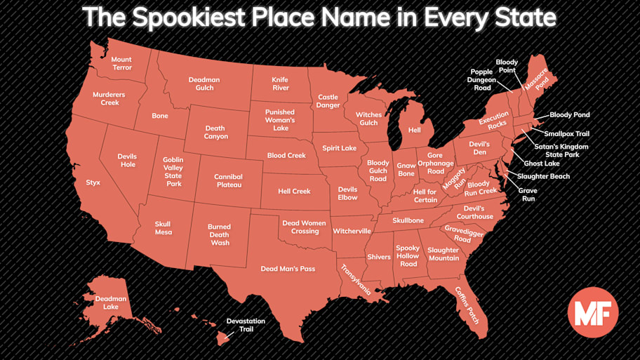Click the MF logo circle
592,312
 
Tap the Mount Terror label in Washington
121,64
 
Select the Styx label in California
93,182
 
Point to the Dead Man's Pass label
288,269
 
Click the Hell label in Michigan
414,130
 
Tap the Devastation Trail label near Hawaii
246,325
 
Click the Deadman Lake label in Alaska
111,302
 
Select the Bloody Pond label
569,114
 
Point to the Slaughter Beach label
543,176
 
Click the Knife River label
280,84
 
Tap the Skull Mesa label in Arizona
163,228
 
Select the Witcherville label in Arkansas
352,231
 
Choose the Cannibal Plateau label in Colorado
228,180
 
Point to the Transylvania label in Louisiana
355,279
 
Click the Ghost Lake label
541,163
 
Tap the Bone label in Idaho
160,116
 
